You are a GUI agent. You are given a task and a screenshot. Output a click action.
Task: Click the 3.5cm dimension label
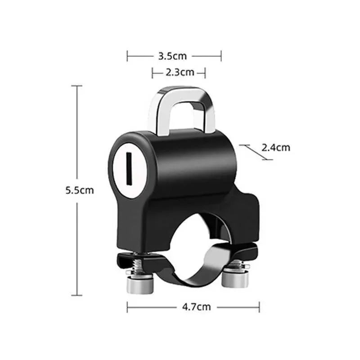172,56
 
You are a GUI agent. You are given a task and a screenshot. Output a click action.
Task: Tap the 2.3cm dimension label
179,72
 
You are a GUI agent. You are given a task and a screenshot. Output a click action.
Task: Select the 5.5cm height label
79,190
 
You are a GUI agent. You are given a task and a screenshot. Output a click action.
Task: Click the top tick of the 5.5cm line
77,85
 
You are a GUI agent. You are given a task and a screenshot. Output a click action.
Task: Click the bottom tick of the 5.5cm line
77,296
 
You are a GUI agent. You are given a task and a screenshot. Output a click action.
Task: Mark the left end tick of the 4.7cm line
127,307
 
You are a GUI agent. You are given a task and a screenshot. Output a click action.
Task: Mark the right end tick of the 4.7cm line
260,307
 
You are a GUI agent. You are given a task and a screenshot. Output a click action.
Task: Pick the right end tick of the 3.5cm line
221,56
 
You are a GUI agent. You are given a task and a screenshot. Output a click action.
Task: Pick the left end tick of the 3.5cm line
127,56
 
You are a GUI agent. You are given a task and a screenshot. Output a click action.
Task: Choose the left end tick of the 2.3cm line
152,72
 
